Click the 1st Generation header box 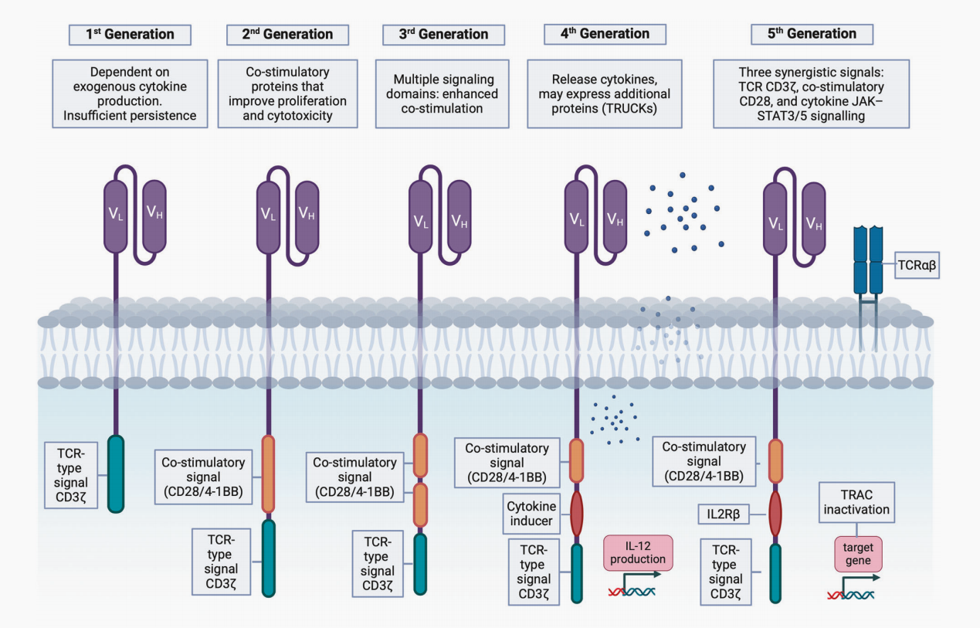(x=131, y=35)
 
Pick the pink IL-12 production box (x=638, y=554)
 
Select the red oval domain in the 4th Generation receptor (x=577, y=514)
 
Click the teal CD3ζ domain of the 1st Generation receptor (x=116, y=474)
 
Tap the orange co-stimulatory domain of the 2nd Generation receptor (x=269, y=474)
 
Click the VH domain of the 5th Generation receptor (x=813, y=222)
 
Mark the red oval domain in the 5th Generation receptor (x=775, y=514)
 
